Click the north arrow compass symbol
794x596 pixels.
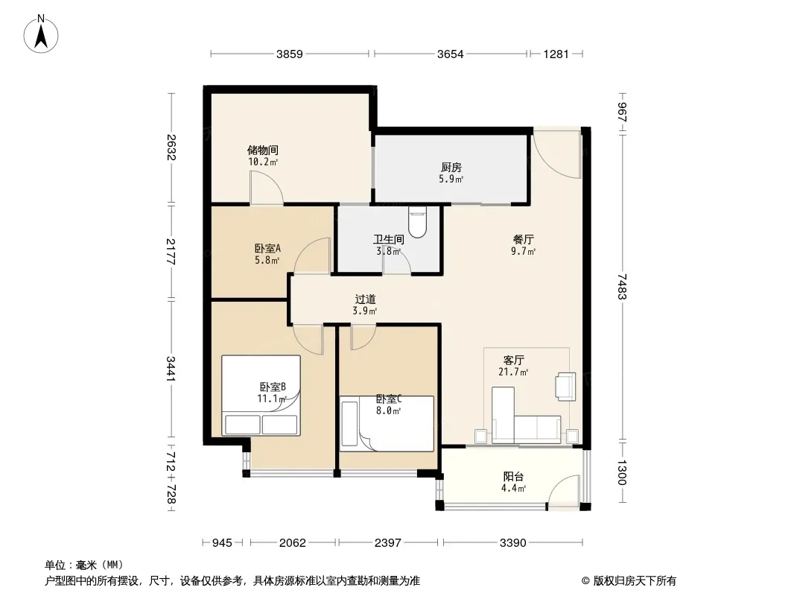click(x=41, y=34)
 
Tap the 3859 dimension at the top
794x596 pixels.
click(x=289, y=54)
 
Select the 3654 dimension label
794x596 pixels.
click(x=450, y=54)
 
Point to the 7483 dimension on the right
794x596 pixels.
click(x=623, y=287)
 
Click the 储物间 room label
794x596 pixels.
click(x=263, y=150)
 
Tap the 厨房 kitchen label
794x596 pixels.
click(x=451, y=167)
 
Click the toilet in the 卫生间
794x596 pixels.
click(x=417, y=222)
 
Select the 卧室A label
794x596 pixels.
click(x=267, y=248)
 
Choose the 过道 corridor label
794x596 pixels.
click(x=365, y=299)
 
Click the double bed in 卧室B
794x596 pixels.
click(x=261, y=396)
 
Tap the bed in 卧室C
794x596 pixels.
click(x=387, y=424)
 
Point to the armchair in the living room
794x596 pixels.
click(x=565, y=387)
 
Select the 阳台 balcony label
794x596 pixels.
click(x=513, y=477)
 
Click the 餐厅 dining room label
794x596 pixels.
click(x=524, y=239)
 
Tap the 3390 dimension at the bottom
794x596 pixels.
click(x=513, y=543)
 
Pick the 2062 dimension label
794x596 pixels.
click(x=293, y=543)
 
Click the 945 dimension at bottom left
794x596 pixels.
click(x=222, y=543)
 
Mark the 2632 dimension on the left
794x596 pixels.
click(x=171, y=148)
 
